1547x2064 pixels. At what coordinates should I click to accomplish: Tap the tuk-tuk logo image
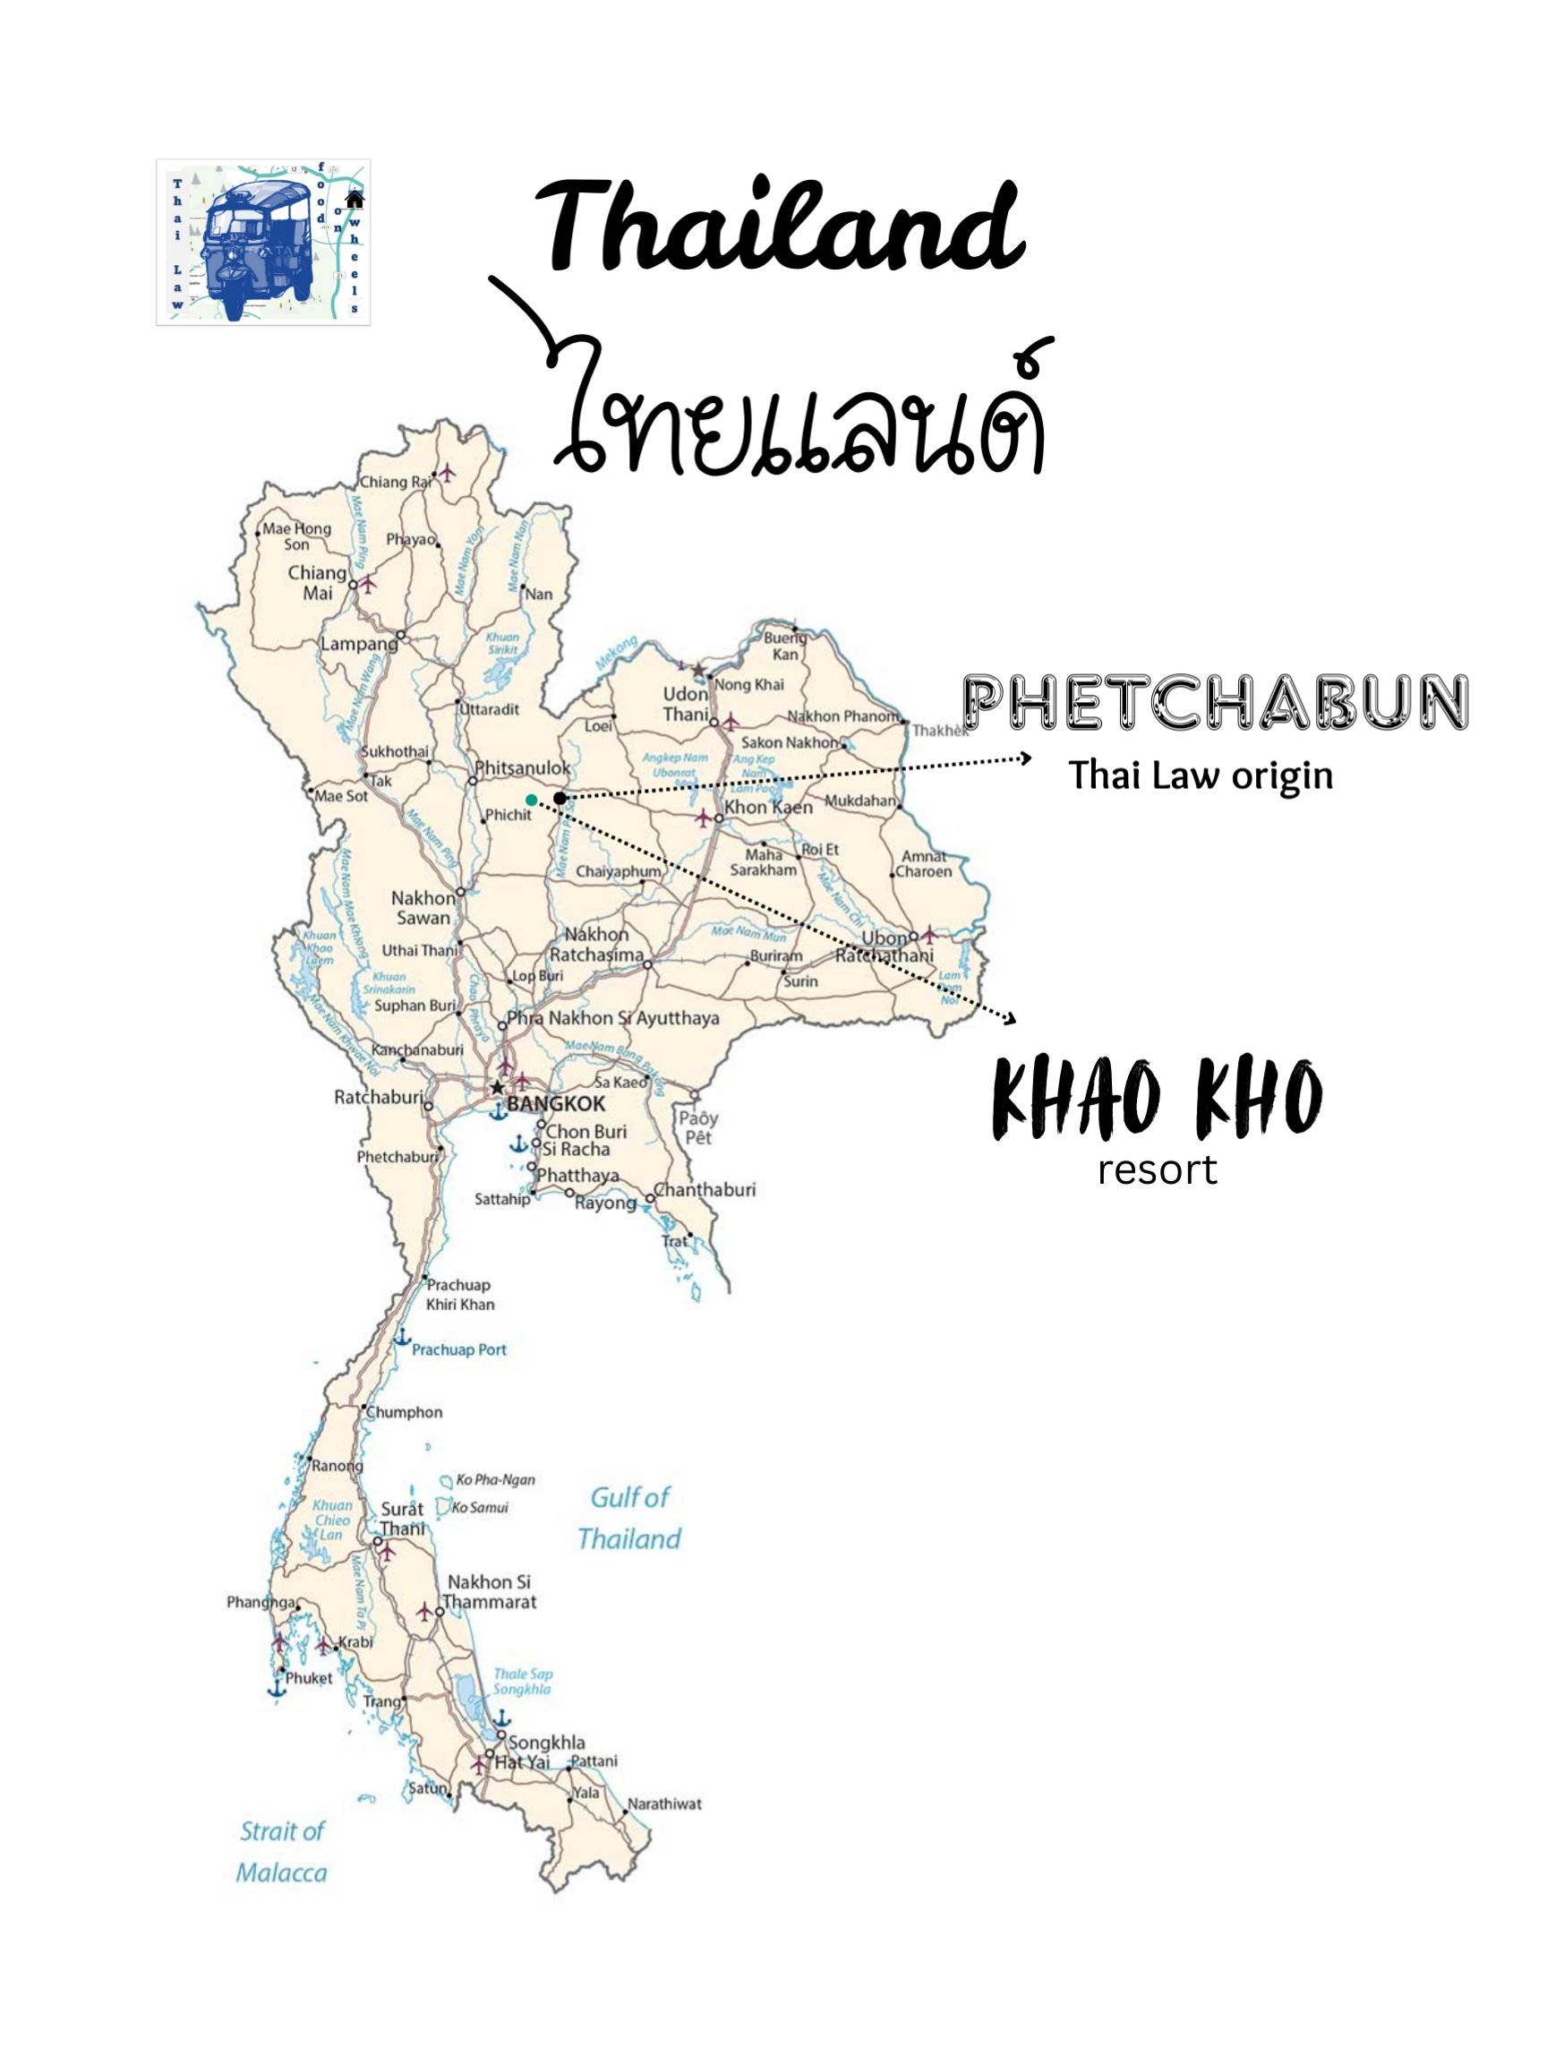tap(263, 242)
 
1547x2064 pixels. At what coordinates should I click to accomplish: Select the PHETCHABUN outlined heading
tap(1214, 703)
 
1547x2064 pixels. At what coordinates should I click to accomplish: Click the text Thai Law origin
tap(1200, 775)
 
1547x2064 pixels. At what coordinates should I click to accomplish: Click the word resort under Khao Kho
tap(1157, 1170)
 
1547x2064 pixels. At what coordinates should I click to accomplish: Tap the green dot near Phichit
tap(531, 800)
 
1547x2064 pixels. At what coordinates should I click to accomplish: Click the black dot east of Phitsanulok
tap(559, 798)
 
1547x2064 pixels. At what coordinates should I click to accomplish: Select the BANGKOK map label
tap(555, 1104)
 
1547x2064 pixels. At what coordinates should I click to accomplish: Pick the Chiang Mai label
tap(316, 582)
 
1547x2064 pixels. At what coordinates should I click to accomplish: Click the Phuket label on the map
tap(308, 1678)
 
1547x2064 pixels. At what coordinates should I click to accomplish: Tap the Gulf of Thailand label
tap(628, 1518)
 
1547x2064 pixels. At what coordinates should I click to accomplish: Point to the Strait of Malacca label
tap(282, 1852)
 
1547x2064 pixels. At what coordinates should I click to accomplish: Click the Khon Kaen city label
tap(768, 807)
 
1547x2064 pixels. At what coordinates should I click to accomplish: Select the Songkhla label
tap(547, 1742)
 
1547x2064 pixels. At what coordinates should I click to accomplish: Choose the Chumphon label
tap(404, 1412)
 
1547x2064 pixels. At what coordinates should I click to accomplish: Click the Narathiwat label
tap(664, 1803)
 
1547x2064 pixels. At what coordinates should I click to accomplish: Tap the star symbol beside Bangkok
tap(499, 1087)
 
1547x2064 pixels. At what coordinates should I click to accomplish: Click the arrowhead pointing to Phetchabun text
tap(1025, 758)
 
